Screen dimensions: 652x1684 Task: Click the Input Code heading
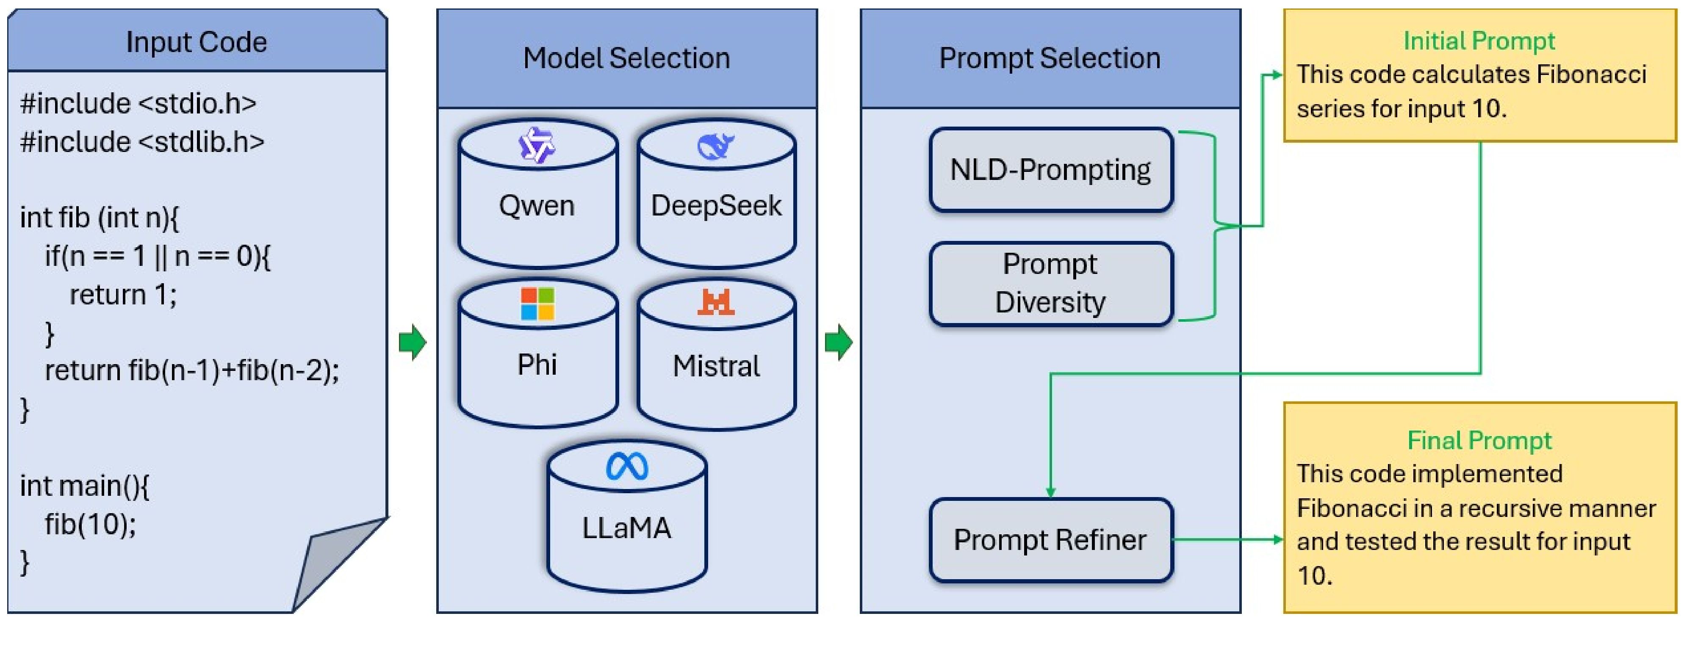pyautogui.click(x=196, y=42)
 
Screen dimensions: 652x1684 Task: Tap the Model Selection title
pyautogui.click(x=626, y=58)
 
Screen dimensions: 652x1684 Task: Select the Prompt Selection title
pyautogui.click(x=1050, y=58)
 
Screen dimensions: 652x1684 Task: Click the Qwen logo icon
pyautogui.click(x=537, y=145)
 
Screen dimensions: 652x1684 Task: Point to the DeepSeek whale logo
pyautogui.click(x=716, y=146)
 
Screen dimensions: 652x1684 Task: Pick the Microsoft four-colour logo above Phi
pyautogui.click(x=537, y=304)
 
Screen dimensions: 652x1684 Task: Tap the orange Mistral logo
pyautogui.click(x=716, y=302)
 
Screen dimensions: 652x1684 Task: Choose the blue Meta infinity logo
pyautogui.click(x=627, y=466)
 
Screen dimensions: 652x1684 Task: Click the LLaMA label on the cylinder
pyautogui.click(x=626, y=528)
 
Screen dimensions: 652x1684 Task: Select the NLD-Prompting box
pyautogui.click(x=1050, y=170)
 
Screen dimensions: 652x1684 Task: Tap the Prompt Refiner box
pyautogui.click(x=1050, y=540)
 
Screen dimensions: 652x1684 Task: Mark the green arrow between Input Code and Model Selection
pyautogui.click(x=413, y=342)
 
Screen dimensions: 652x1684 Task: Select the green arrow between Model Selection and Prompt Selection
pyautogui.click(x=839, y=342)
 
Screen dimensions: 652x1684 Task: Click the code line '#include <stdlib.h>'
pyautogui.click(x=142, y=142)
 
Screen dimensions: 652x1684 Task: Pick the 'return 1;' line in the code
pyautogui.click(x=123, y=295)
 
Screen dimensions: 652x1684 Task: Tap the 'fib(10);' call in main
pyautogui.click(x=90, y=524)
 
